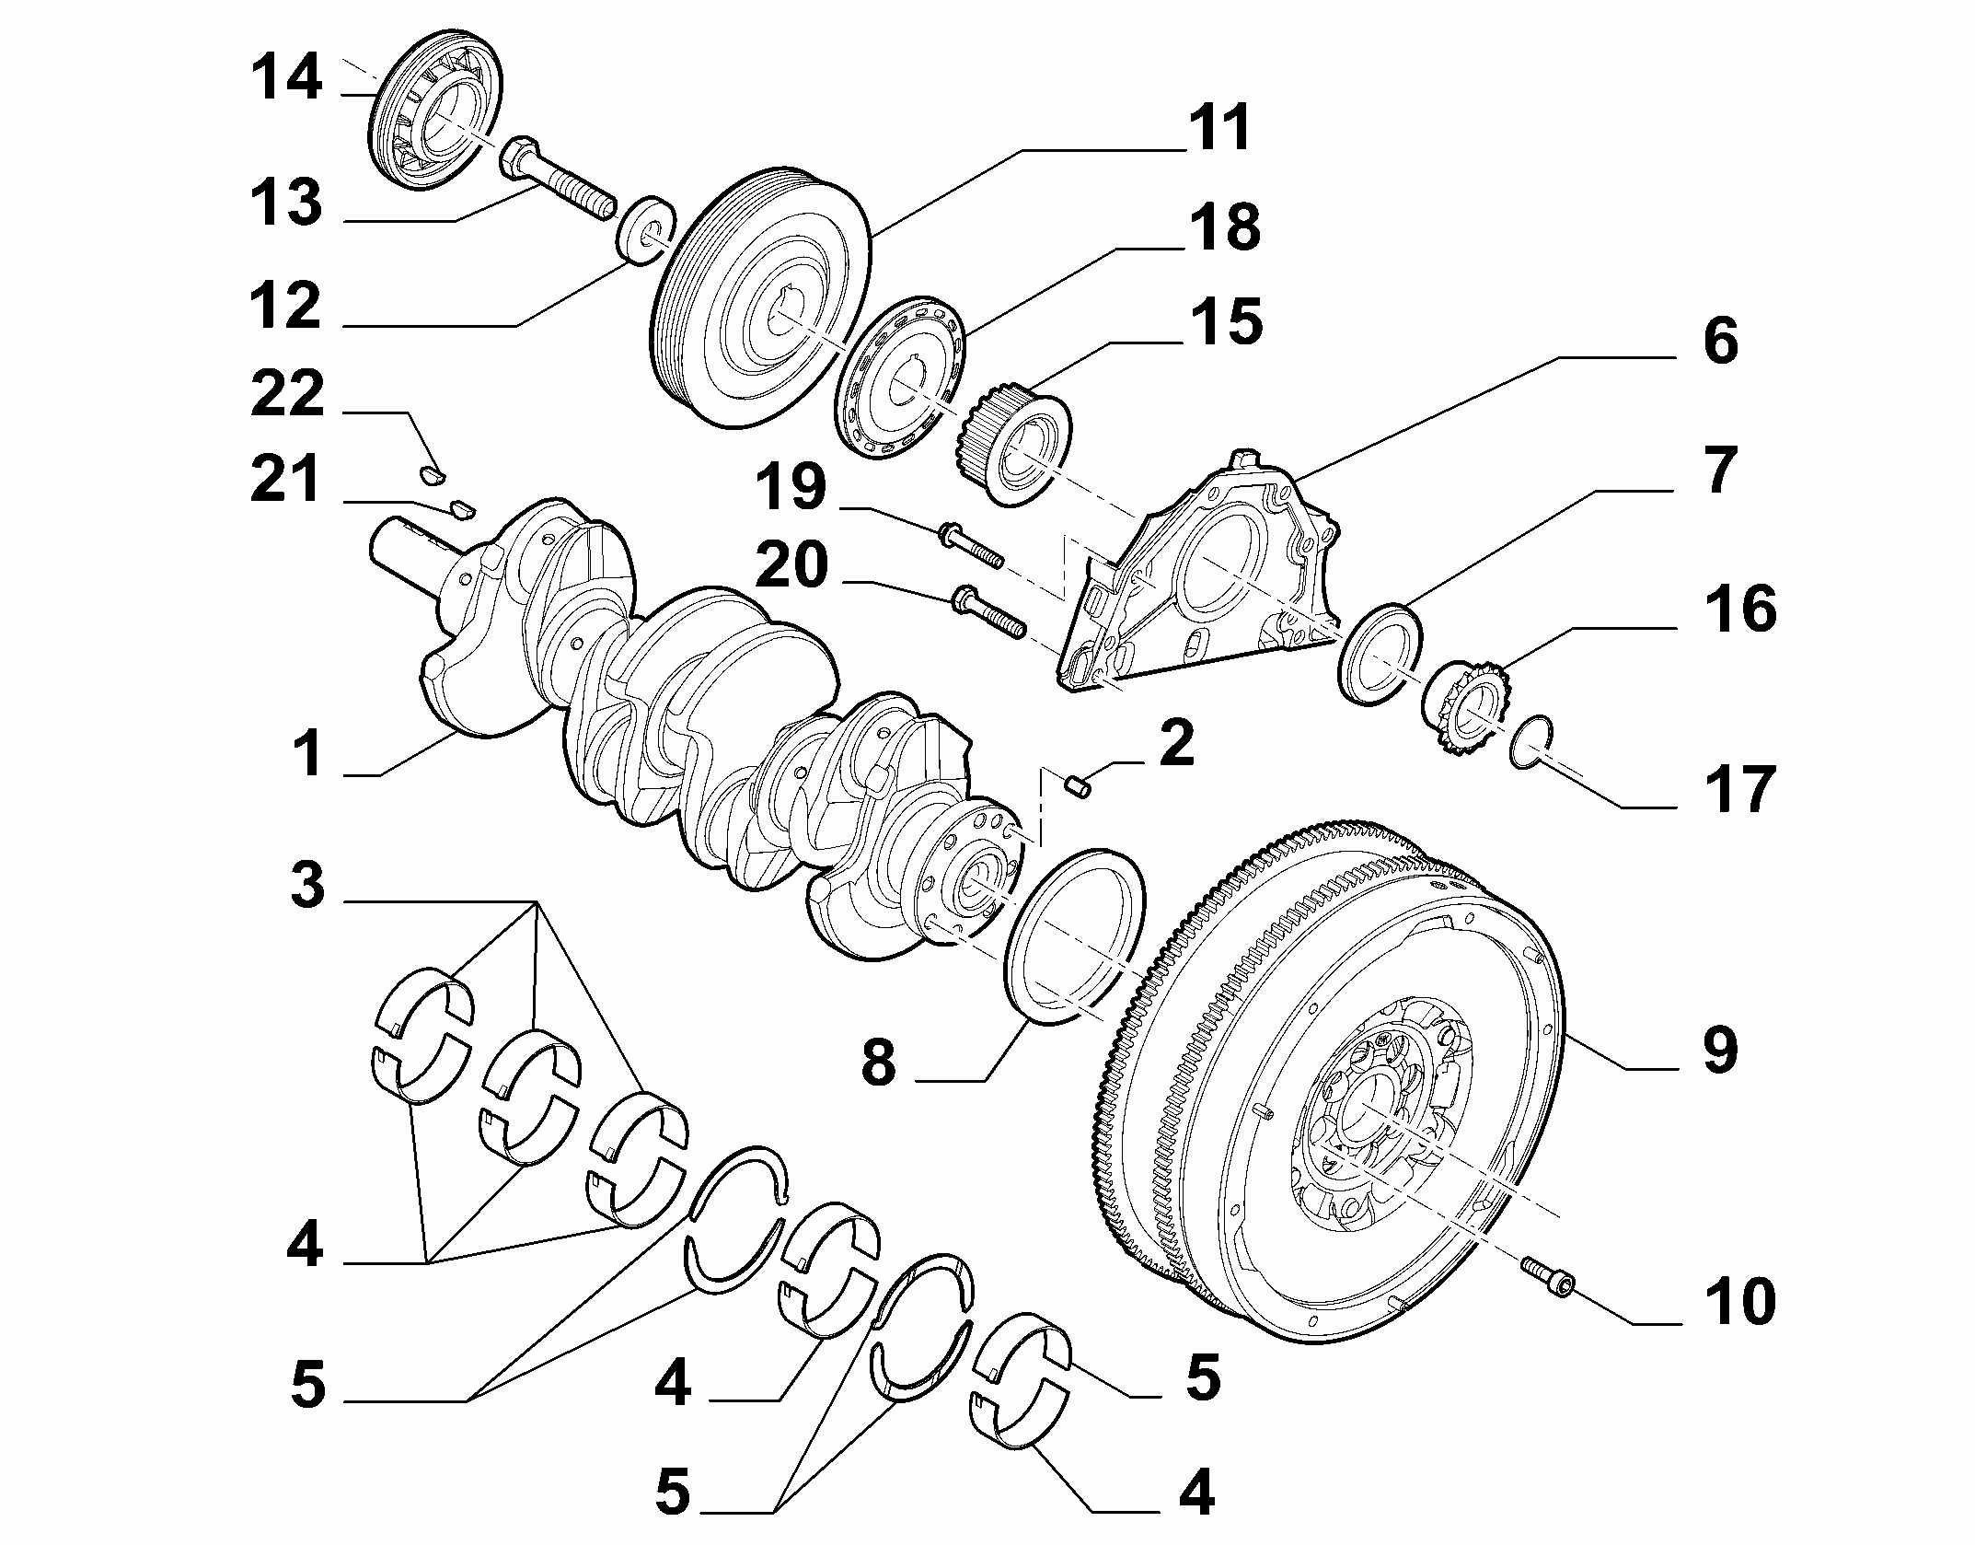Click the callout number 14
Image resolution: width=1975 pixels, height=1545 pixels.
(x=287, y=77)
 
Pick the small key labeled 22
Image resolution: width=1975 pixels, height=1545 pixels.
(x=432, y=475)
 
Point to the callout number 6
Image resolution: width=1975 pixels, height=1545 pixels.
(x=1720, y=342)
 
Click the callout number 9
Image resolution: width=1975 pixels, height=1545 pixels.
(x=1719, y=1051)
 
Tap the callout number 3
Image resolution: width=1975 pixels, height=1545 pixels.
(x=307, y=885)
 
